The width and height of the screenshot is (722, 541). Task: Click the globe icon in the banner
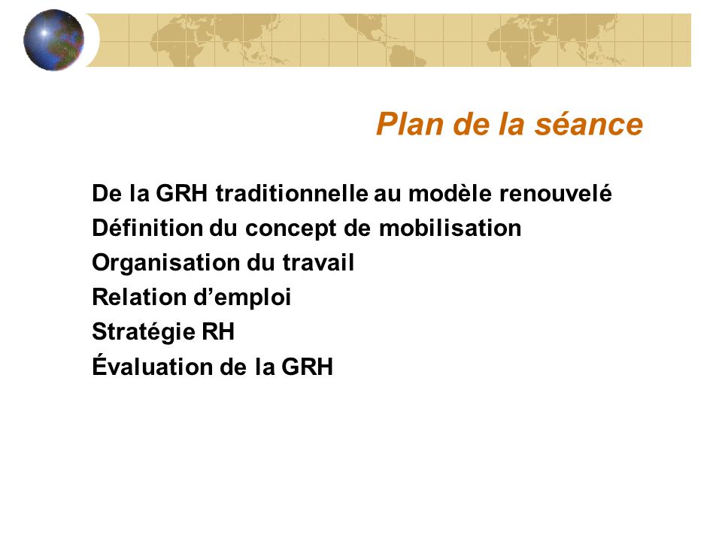pos(54,40)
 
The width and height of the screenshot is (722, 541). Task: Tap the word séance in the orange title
pos(588,124)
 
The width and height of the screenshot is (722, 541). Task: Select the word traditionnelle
pos(292,193)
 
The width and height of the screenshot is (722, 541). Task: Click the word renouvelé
pos(556,193)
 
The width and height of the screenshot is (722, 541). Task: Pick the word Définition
pos(147,228)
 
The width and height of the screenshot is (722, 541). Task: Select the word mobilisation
pos(450,228)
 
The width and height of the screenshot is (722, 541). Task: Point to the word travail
pos(318,262)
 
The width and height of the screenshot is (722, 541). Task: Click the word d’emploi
pos(241,298)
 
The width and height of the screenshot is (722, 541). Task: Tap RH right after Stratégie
pos(218,331)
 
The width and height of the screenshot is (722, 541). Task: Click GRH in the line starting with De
pos(182,193)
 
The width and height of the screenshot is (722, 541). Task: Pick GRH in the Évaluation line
pos(307,367)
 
